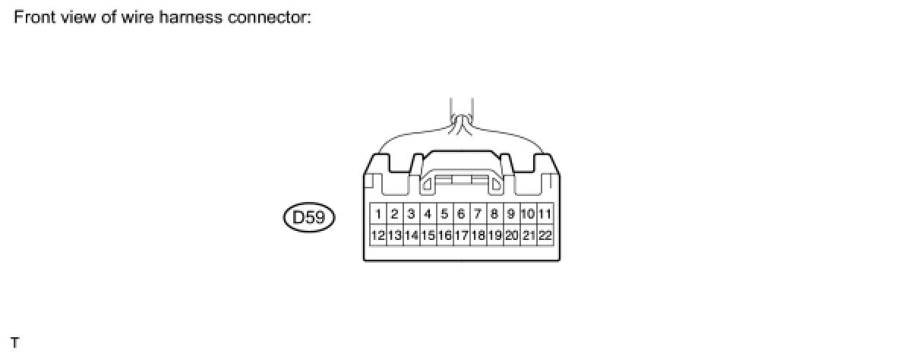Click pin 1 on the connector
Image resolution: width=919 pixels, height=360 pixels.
coord(378,214)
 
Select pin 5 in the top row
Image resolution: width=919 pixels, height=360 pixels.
coord(444,214)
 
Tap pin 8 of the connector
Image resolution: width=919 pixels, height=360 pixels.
coord(494,214)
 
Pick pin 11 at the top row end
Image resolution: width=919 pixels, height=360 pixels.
coord(545,214)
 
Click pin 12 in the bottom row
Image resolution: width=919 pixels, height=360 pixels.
coord(378,235)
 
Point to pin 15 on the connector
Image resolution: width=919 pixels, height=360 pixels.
coord(428,235)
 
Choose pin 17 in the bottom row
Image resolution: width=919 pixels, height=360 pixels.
coord(461,235)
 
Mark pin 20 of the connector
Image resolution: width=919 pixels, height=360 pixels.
coord(511,235)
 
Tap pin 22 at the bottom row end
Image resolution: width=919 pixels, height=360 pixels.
coord(545,235)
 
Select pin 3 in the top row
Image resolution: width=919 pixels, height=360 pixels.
coord(411,214)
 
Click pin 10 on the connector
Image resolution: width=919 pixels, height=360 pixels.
coord(528,214)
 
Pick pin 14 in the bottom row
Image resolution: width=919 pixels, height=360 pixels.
coord(411,235)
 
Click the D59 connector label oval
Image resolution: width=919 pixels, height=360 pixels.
coord(308,219)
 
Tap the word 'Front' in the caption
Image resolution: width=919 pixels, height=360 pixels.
coord(30,17)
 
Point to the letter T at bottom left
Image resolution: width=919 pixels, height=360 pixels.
coord(15,344)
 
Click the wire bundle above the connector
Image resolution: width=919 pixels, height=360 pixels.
coord(462,114)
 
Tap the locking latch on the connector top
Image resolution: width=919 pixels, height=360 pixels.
coord(462,180)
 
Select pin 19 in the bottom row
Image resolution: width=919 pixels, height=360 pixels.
coord(494,235)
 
